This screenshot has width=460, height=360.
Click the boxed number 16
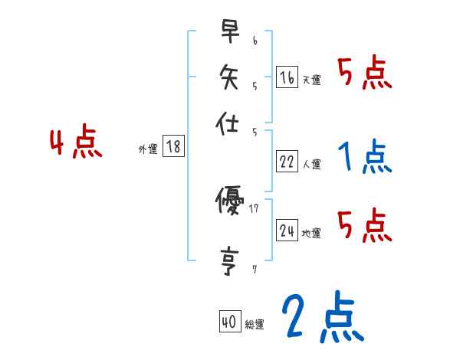[x=287, y=77]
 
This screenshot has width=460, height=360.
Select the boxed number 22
[x=287, y=162]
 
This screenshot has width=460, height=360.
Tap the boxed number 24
[x=287, y=231]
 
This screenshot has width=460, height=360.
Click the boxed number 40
[x=228, y=322]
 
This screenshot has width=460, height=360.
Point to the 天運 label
[x=312, y=80]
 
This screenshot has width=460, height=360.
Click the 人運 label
[x=312, y=164]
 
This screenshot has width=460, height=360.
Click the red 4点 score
[x=75, y=143]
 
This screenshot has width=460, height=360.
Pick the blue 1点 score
[x=363, y=158]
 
